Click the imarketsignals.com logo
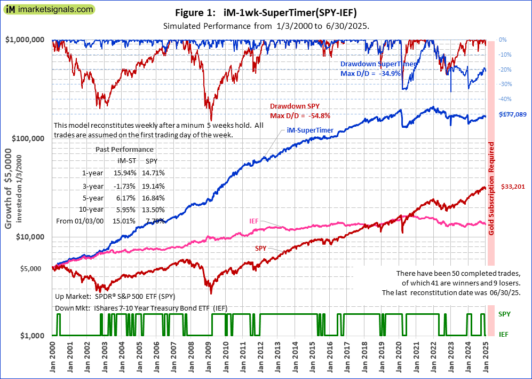[49, 9]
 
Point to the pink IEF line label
[255, 221]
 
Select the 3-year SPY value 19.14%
[155, 185]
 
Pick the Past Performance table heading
[124, 150]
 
